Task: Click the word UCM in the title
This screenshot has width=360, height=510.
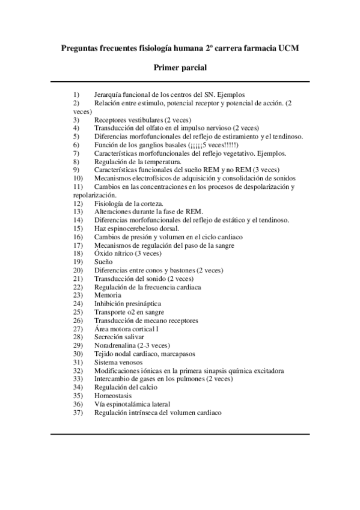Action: pyautogui.click(x=287, y=47)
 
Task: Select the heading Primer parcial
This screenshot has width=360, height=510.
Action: pyautogui.click(x=180, y=68)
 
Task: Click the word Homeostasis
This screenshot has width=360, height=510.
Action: pyautogui.click(x=112, y=396)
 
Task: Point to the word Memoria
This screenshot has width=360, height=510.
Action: pyautogui.click(x=108, y=295)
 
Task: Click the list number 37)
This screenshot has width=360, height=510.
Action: pyautogui.click(x=78, y=413)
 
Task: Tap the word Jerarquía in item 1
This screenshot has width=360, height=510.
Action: pyautogui.click(x=109, y=94)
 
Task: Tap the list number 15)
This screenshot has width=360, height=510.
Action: pyautogui.click(x=78, y=229)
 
